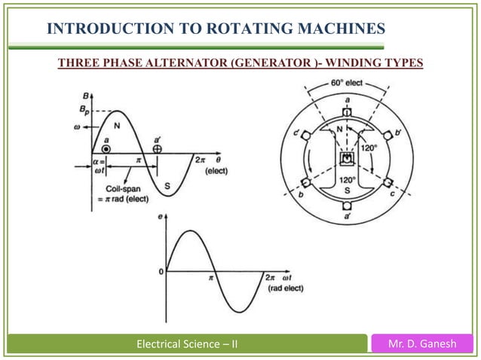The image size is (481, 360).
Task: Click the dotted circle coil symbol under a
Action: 107,149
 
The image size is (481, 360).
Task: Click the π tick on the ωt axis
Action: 211,278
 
